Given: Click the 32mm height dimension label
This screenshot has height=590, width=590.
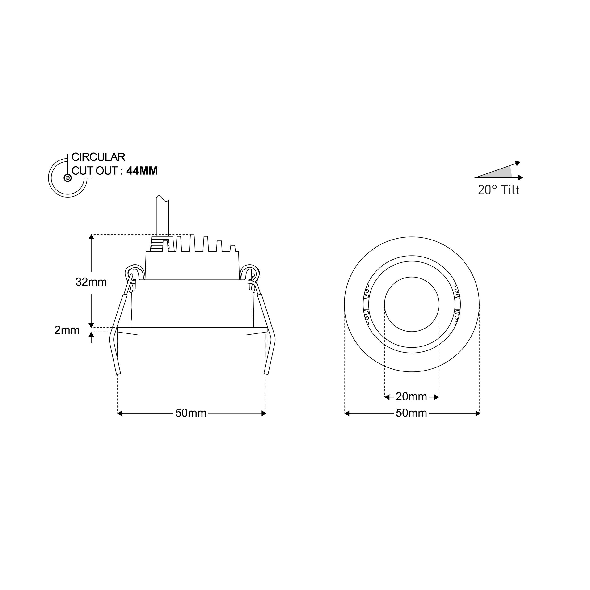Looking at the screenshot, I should pyautogui.click(x=91, y=282).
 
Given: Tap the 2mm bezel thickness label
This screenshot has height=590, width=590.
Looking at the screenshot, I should pyautogui.click(x=67, y=330).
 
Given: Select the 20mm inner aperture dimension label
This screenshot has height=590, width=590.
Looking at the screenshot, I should pyautogui.click(x=411, y=397).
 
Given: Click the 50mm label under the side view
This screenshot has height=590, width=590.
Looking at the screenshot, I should pyautogui.click(x=190, y=413).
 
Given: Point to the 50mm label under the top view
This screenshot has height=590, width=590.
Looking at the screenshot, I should pyautogui.click(x=411, y=413).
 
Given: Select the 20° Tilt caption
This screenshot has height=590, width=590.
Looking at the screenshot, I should pyautogui.click(x=498, y=190).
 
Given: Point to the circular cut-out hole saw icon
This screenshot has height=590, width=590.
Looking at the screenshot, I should pyautogui.click(x=67, y=178).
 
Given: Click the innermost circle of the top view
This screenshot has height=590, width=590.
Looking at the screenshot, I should pyautogui.click(x=412, y=304).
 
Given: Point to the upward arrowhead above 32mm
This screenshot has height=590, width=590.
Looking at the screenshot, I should pyautogui.click(x=91, y=237).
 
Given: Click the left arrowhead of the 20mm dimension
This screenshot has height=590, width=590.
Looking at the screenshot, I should pyautogui.click(x=387, y=397).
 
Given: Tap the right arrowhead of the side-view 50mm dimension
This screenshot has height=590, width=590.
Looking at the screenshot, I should pyautogui.click(x=264, y=413).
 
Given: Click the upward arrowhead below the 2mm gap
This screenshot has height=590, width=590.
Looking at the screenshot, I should pyautogui.click(x=91, y=334).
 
